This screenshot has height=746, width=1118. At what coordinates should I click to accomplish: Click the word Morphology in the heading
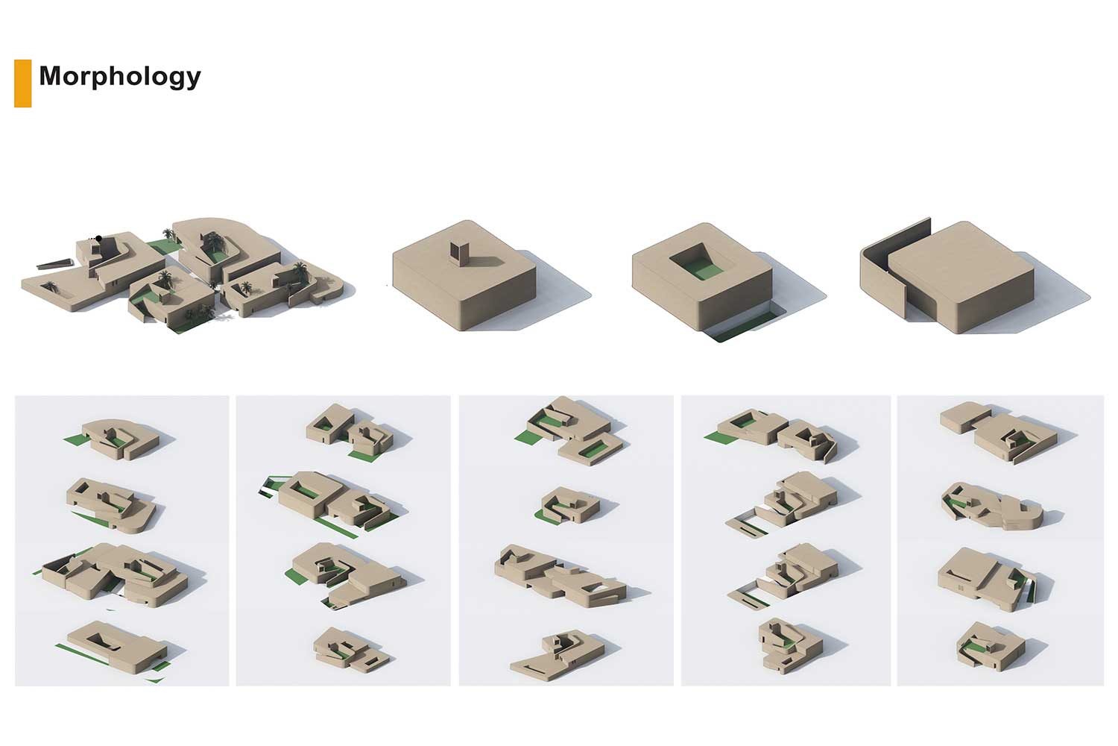click(x=120, y=77)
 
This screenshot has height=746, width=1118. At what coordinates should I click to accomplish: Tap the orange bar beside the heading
click(x=23, y=84)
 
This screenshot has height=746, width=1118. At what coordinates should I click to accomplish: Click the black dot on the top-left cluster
click(x=99, y=238)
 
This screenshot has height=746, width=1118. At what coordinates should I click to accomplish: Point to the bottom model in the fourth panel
click(x=789, y=645)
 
